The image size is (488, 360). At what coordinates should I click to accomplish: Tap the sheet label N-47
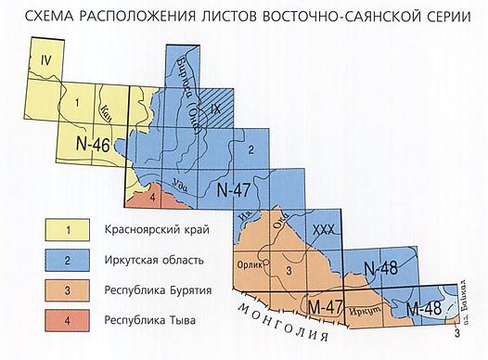click(x=234, y=190)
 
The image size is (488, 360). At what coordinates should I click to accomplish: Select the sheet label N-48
click(x=379, y=269)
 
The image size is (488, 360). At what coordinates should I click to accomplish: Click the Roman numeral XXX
click(x=323, y=229)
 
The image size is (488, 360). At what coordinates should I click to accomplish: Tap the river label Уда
click(x=180, y=179)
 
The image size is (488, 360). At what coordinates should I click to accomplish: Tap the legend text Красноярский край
click(x=157, y=229)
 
